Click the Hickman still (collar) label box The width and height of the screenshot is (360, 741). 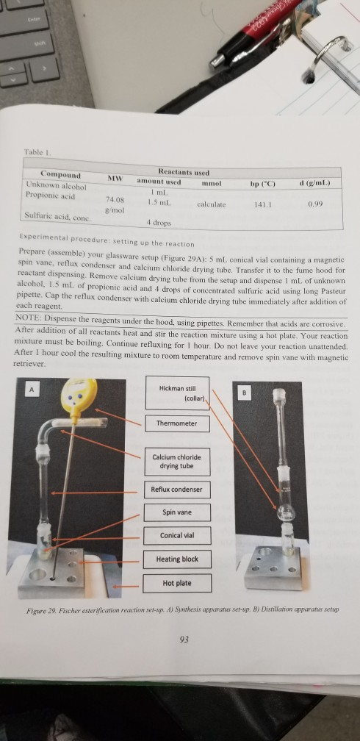[179, 393]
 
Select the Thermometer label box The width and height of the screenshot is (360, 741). [177, 424]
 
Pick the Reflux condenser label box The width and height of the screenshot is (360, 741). [176, 490]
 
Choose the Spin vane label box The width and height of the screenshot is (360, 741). [176, 512]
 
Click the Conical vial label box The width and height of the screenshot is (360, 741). [176, 534]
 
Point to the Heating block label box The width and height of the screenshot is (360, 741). [177, 559]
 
